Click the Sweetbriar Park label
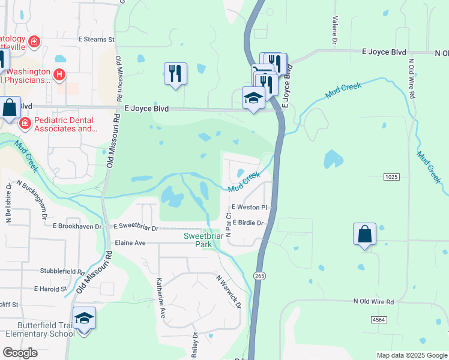point(203,241)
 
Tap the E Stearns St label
point(96,40)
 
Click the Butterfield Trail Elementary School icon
point(84,319)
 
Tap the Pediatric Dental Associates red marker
point(25,124)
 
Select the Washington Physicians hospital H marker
point(59,74)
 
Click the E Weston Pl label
point(249,208)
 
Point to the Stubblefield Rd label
point(62,271)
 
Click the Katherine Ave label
point(160,298)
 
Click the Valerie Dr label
point(334,30)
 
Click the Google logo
point(20,353)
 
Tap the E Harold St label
point(51,289)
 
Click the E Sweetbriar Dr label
point(136,228)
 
